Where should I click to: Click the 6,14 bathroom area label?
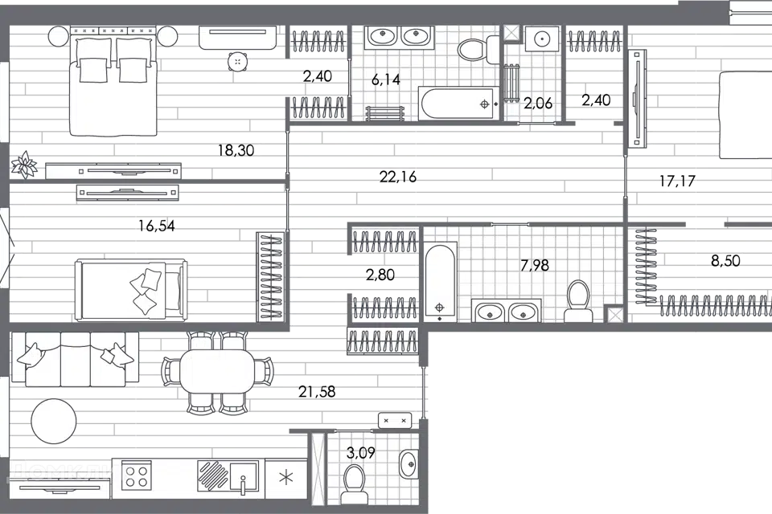pyautogui.click(x=385, y=79)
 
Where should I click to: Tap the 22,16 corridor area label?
pyautogui.click(x=398, y=177)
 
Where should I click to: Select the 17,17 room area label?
pyautogui.click(x=675, y=182)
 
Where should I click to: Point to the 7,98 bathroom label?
pyautogui.click(x=535, y=265)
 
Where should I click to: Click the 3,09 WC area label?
pyautogui.click(x=361, y=453)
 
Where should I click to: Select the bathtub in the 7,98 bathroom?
pyautogui.click(x=440, y=282)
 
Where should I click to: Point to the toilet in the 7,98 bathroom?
pyautogui.click(x=578, y=300)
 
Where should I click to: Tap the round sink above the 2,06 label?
pyautogui.click(x=541, y=38)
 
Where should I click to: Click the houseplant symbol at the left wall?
pyautogui.click(x=23, y=165)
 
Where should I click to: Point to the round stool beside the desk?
pyautogui.click(x=237, y=62)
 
